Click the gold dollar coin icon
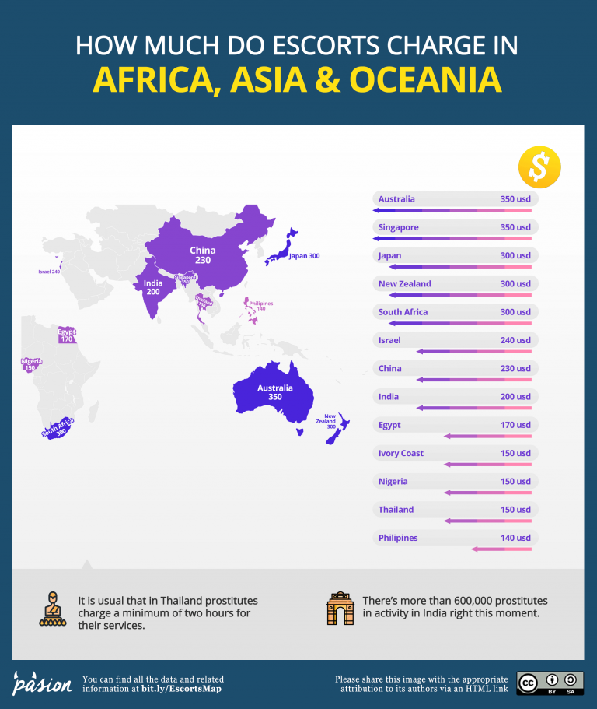pos(539,165)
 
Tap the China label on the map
pos(203,255)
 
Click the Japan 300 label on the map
pos(304,256)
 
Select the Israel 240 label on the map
pos(49,272)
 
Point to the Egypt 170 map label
pos(66,335)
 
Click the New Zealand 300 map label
pos(330,422)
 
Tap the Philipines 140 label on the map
pos(261,306)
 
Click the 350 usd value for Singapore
pos(515,227)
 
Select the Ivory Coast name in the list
pos(401,453)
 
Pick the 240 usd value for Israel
pos(515,340)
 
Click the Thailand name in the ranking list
pos(396,510)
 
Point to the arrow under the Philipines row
pos(501,549)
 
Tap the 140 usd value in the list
pos(515,538)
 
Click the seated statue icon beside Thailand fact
pos(53,610)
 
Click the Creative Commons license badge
pos(550,683)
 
